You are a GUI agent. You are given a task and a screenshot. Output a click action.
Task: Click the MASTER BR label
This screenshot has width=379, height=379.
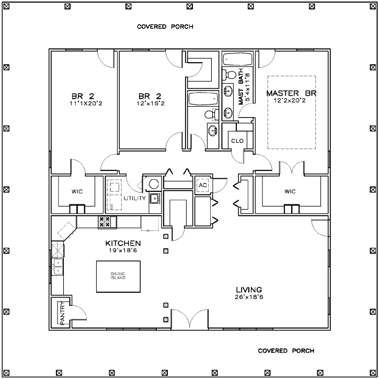click(292, 93)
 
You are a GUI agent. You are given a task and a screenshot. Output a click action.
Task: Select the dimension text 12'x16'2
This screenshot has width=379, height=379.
click(150, 104)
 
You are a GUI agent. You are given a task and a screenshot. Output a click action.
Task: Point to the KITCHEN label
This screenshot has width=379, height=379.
click(123, 243)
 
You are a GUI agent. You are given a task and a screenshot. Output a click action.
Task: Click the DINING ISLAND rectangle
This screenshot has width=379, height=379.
click(119, 276)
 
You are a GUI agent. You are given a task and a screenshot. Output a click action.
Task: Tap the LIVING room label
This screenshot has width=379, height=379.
click(248, 290)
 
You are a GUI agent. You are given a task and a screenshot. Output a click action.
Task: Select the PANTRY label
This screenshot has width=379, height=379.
click(62, 313)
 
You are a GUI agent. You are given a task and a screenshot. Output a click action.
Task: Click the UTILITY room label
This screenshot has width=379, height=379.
click(135, 198)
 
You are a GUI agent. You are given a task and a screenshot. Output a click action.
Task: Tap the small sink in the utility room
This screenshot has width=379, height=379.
click(155, 198)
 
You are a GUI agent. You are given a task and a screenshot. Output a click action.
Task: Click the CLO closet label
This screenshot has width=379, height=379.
click(237, 141)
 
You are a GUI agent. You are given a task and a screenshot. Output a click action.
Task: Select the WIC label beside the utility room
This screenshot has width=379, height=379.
click(76, 191)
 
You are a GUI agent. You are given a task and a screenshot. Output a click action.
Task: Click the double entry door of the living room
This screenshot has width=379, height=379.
click(192, 319)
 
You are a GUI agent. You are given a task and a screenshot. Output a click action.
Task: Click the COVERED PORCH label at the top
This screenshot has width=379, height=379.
click(165, 26)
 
